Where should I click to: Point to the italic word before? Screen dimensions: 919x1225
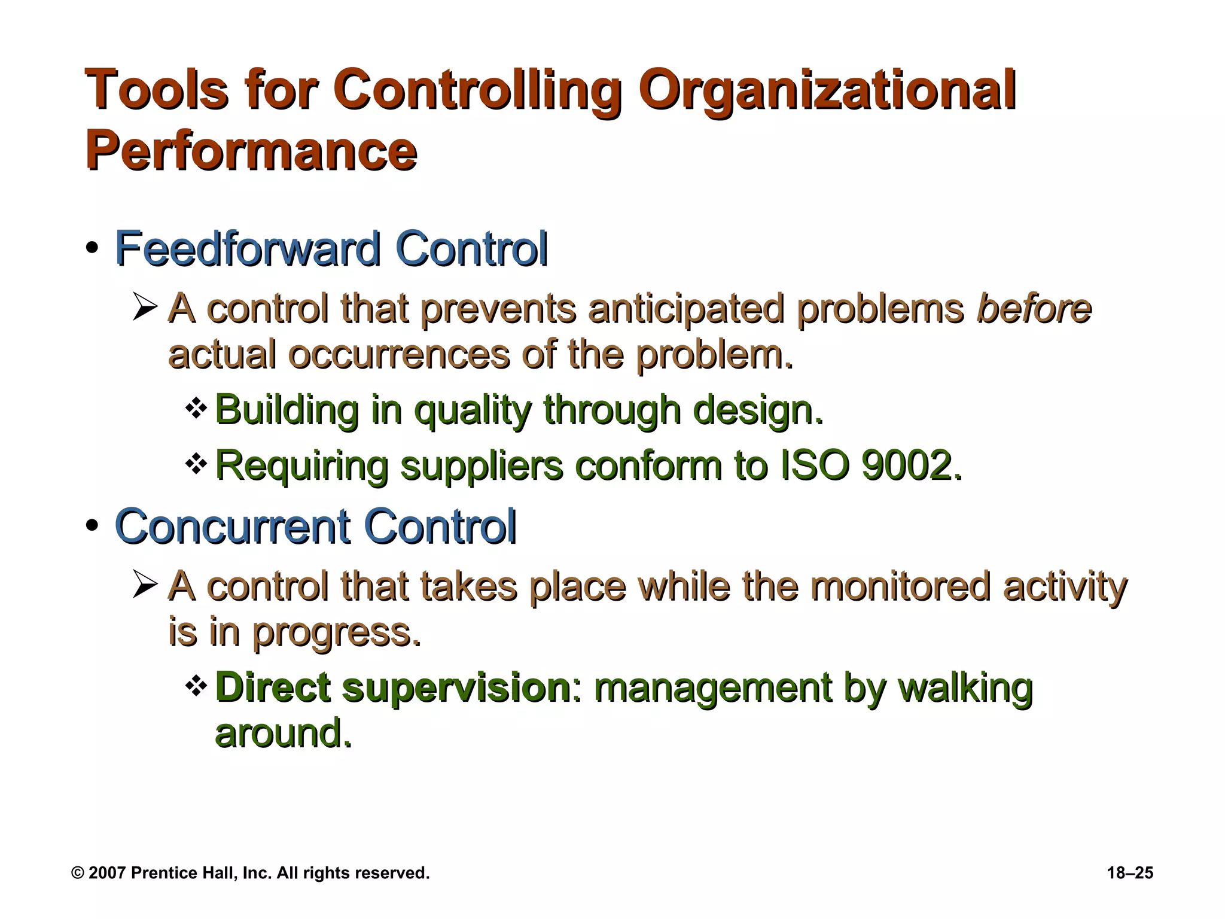[x=1034, y=308]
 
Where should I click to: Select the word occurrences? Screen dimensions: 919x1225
[x=398, y=355]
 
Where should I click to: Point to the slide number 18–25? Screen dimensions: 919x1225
[x=1129, y=873]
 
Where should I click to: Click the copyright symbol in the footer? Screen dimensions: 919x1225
[x=77, y=873]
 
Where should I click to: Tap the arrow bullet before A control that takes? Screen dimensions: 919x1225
[x=145, y=585]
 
